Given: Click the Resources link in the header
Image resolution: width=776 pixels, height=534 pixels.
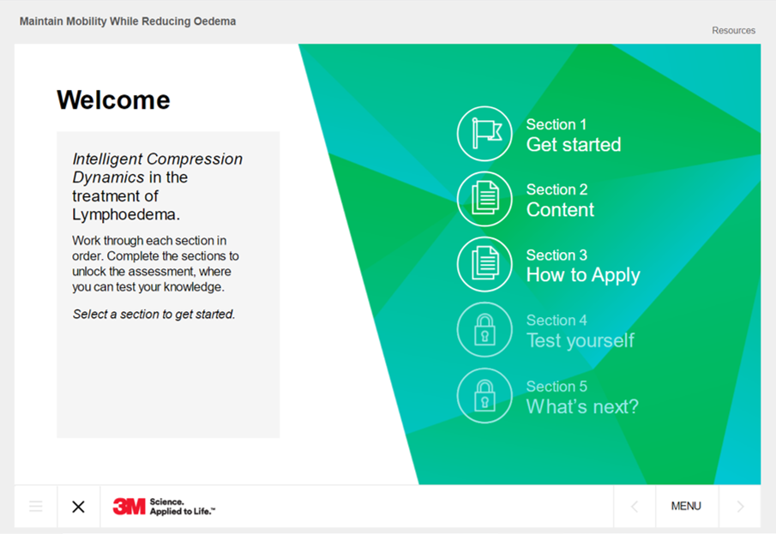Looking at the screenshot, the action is point(733,30).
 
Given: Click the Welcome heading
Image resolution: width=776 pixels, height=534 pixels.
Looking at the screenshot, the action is point(113,100).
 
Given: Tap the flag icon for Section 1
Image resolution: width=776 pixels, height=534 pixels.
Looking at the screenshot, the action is point(484,134).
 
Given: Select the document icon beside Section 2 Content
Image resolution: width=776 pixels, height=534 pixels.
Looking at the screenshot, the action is point(484,199).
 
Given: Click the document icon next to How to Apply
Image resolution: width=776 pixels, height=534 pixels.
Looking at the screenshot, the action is point(484,264).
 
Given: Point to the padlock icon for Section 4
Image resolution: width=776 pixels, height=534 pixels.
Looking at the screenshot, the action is point(484,330).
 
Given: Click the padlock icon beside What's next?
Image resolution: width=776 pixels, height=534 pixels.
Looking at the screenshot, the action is point(484,395).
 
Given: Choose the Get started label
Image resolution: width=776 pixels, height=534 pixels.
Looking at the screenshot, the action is point(573,145).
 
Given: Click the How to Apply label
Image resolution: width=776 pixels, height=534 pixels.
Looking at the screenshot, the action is point(583,275).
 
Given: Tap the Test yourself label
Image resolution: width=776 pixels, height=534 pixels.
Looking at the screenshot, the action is point(580,340).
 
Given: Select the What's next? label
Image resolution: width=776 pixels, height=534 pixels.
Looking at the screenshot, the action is point(582,406).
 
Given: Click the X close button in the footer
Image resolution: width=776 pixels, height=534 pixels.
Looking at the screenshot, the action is point(78,507).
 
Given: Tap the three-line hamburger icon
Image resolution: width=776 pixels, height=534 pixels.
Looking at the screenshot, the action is point(36,507).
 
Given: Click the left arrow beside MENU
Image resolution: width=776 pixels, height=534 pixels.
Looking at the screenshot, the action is point(635,507).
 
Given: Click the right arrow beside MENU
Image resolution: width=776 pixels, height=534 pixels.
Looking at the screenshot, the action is point(740,507).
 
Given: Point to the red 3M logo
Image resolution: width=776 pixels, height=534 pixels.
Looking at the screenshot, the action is point(129,507).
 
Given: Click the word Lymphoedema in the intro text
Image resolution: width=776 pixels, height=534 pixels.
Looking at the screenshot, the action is point(126,215).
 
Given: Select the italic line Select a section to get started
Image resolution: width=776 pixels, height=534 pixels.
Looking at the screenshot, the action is point(153,315).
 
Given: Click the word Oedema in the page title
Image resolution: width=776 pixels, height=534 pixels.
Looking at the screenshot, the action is point(214,21).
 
